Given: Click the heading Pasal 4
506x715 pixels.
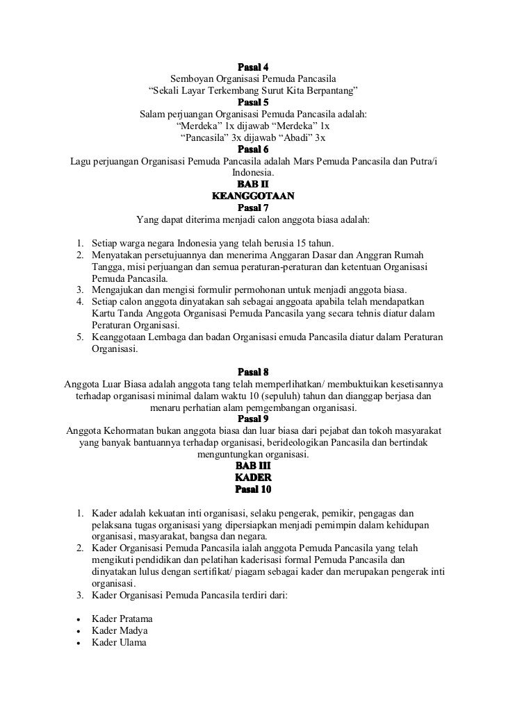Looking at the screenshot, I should (253, 68).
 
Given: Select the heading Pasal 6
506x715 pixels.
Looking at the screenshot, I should (253, 149).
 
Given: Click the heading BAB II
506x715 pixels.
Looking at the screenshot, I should (253, 184).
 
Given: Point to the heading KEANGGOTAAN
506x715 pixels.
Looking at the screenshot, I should (253, 196).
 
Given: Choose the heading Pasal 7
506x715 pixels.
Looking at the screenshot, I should (253, 207).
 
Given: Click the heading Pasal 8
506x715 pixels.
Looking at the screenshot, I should (253, 371).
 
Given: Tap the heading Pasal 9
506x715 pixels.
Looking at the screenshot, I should (253, 419).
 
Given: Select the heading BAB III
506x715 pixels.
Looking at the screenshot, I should (253, 466).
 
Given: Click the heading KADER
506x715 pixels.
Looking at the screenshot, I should (253, 478).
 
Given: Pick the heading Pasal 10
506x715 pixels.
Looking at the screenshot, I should (253, 490).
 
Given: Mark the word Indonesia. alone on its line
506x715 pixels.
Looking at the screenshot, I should (253, 173).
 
